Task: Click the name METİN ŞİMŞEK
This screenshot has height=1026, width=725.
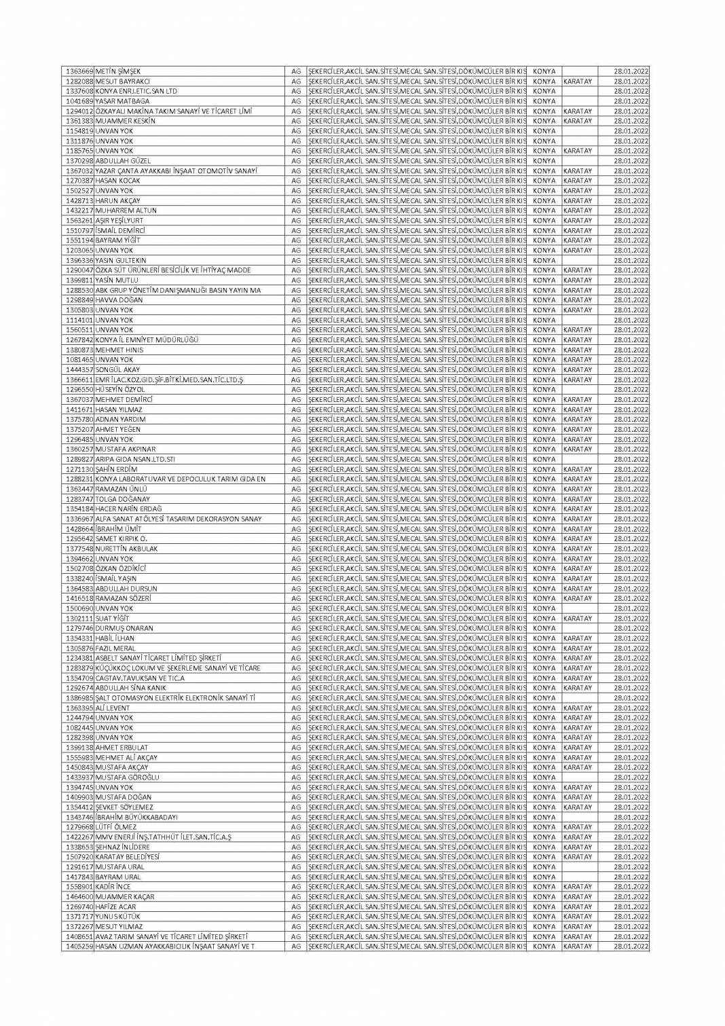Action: click(x=117, y=71)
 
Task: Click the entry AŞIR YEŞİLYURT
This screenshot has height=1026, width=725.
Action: click(x=119, y=221)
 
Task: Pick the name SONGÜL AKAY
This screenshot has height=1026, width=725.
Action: click(x=117, y=369)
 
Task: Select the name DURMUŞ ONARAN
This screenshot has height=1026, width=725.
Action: click(x=124, y=628)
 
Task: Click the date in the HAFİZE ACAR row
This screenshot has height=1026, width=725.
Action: click(x=631, y=906)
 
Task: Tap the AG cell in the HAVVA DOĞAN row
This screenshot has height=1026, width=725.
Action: click(x=295, y=300)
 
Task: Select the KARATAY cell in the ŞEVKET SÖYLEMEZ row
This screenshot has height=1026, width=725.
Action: click(x=578, y=807)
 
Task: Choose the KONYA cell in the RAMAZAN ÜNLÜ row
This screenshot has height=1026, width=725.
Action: click(x=544, y=489)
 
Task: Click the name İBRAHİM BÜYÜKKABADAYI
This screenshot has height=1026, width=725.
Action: click(x=136, y=818)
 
